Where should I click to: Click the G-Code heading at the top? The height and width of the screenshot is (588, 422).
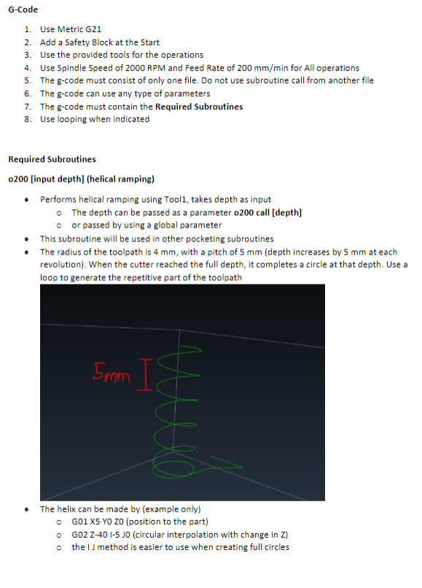point(23,9)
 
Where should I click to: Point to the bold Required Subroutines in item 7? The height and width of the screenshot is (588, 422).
point(199,107)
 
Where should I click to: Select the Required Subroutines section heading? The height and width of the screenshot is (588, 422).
point(52,159)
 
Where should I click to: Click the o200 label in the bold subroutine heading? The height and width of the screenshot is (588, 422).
point(17,179)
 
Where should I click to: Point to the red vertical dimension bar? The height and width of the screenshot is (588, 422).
point(143,376)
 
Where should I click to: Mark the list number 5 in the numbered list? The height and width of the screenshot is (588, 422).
point(27,80)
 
